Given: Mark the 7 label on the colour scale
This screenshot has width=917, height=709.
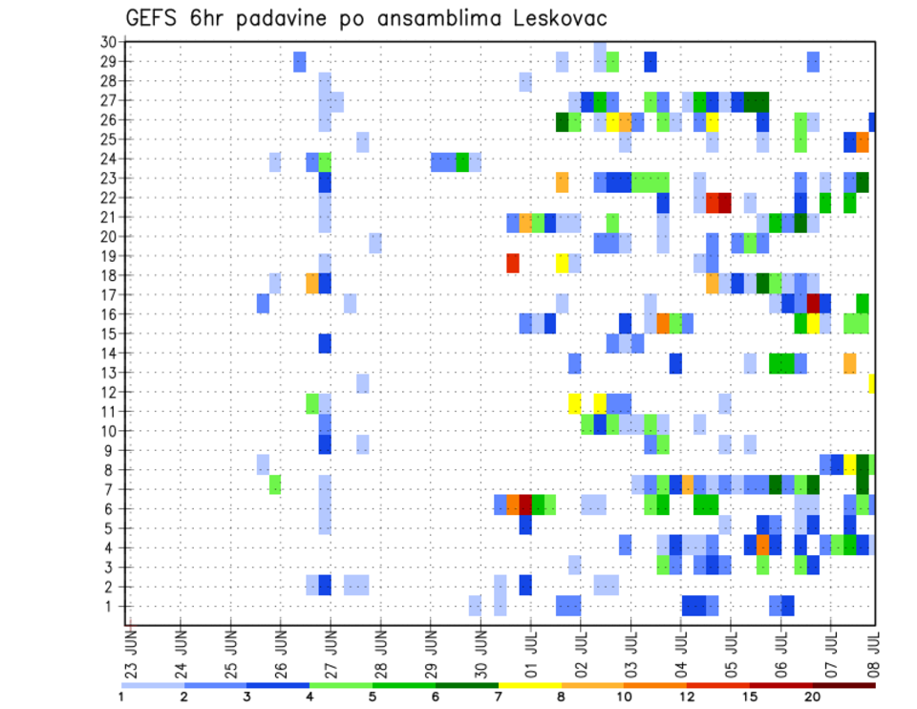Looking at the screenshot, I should pos(499,697).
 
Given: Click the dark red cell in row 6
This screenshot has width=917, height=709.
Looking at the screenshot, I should pos(525,504).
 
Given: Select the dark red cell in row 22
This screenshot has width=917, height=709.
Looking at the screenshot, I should pos(725,203).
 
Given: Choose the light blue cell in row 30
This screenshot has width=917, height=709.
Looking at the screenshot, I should pos(600,46).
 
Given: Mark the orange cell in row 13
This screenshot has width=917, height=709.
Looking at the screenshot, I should pos(850,363).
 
